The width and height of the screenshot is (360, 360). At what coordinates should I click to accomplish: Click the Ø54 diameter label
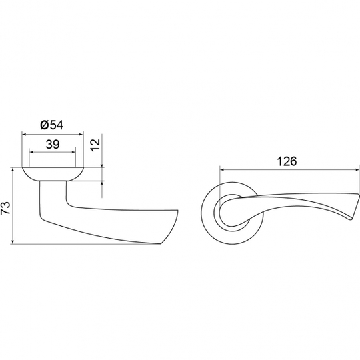[x=51, y=125]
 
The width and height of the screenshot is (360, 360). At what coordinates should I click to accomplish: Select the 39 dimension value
[x=53, y=145]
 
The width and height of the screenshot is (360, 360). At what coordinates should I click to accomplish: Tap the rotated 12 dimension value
[x=95, y=145]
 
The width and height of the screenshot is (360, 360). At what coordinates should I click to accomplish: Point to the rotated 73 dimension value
[x=5, y=208]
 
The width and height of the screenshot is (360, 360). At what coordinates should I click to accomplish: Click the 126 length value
[x=287, y=161]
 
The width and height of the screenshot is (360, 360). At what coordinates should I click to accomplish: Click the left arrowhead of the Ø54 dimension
[x=24, y=135]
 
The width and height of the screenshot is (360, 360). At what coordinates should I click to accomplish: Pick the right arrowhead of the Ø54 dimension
[x=81, y=135]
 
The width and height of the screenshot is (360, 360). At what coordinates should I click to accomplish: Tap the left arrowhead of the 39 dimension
[x=32, y=152]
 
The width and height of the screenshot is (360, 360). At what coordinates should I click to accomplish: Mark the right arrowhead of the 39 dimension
[x=73, y=152]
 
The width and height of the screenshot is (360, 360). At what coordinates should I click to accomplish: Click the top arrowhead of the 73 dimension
[x=13, y=170]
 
